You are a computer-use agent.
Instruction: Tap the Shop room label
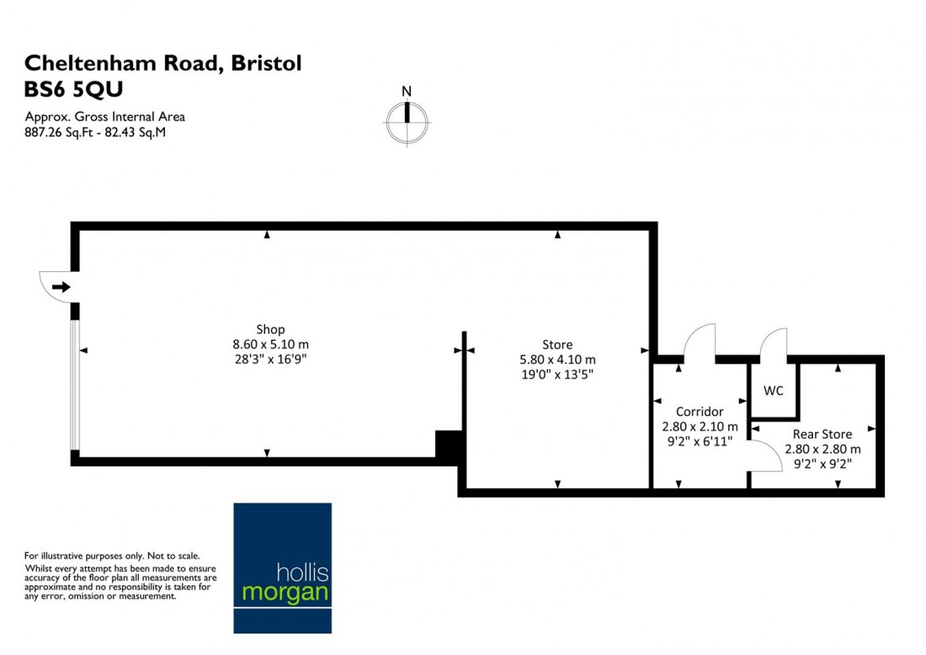click(x=270, y=329)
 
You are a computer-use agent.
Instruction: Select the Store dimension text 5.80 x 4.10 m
click(x=557, y=359)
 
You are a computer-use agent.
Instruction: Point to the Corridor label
click(x=700, y=412)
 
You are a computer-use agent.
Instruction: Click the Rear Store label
click(x=822, y=434)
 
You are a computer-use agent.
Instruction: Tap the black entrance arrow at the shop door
click(x=61, y=288)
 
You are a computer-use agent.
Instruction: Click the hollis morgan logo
click(x=282, y=568)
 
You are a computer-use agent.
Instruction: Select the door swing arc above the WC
click(x=773, y=343)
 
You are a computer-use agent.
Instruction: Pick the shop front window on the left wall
click(x=75, y=385)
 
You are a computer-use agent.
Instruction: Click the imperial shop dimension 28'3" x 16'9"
click(x=270, y=359)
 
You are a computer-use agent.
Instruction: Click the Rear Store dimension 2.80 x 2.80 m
click(x=822, y=450)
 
